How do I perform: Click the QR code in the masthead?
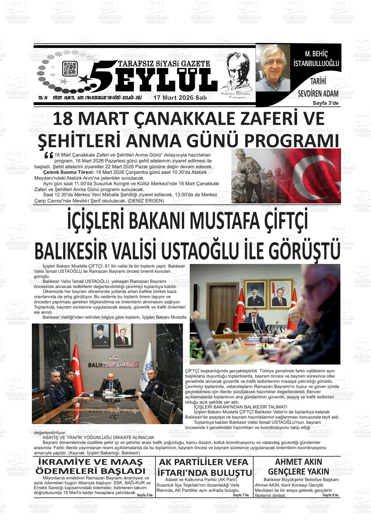pos(70,68)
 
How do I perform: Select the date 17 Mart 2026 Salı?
pos(180,98)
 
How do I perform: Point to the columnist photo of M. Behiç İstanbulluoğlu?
pos(273,68)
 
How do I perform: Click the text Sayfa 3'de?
pos(326,103)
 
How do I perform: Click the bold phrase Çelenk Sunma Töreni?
pos(69,172)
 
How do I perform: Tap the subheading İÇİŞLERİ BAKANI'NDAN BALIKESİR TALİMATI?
pos(240,407)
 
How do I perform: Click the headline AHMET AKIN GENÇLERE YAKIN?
pos(298,466)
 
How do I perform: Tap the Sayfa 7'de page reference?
pos(241,495)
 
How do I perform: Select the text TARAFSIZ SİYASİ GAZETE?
pos(164,64)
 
